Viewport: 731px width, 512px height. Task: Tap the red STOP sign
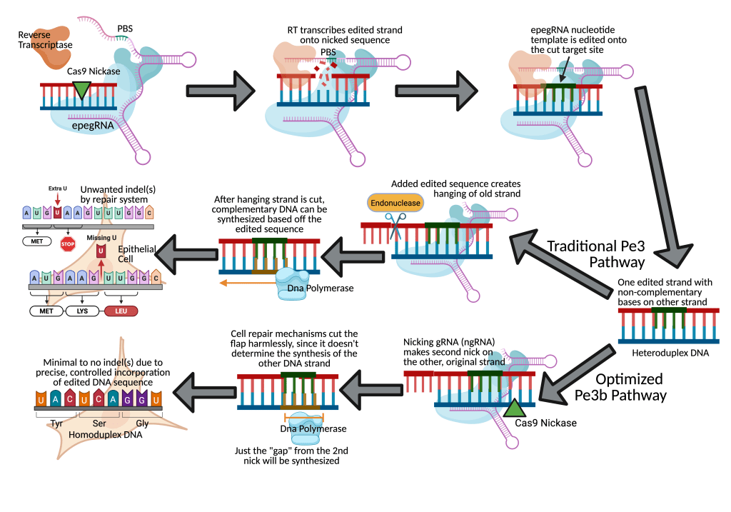(68, 244)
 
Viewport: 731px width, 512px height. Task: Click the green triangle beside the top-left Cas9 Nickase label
(82, 89)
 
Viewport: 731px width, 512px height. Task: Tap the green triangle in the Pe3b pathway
(513, 408)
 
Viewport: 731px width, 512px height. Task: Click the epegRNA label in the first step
(93, 124)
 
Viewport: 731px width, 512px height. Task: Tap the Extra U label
(58, 188)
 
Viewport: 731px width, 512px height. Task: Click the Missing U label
(101, 238)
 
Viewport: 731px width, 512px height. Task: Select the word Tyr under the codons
(57, 423)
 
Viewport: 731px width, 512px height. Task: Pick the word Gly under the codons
(142, 423)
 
